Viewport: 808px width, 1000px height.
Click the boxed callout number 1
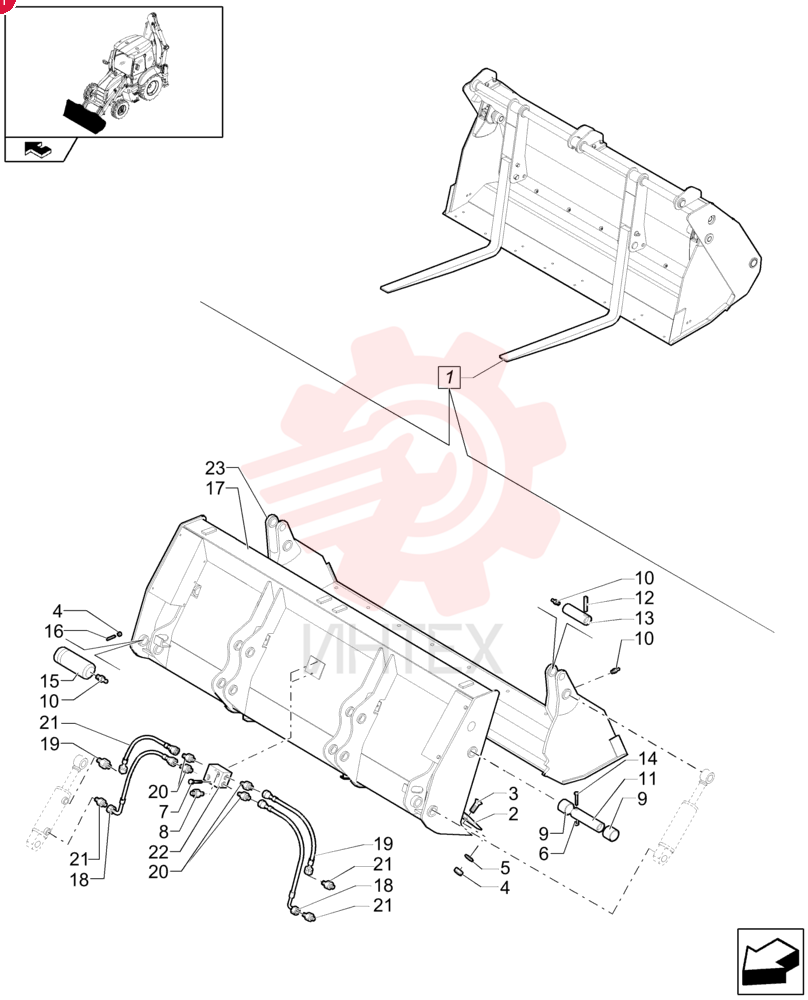[450, 377]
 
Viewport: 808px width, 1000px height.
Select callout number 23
[216, 468]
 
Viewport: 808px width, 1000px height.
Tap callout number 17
[216, 489]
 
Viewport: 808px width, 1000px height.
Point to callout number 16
[54, 631]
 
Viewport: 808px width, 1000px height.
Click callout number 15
[50, 680]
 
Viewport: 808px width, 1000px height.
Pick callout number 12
[645, 598]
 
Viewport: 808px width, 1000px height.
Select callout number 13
[645, 618]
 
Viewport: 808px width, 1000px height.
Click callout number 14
[647, 758]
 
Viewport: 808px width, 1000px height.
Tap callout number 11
[647, 779]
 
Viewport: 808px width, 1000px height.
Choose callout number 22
[158, 852]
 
